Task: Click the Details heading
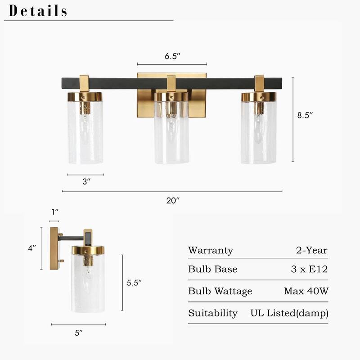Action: (38, 11)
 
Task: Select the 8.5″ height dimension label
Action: (305, 115)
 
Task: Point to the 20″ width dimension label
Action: (173, 201)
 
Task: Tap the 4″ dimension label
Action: (31, 247)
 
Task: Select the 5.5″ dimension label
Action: (134, 283)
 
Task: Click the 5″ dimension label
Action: (79, 333)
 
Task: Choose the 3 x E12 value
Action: (309, 270)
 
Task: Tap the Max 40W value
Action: (306, 291)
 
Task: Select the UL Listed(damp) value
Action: (289, 313)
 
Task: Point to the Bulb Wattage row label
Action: (220, 291)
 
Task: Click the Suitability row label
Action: (213, 313)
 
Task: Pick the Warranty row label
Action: (211, 251)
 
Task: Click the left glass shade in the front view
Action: (85, 133)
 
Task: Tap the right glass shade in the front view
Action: (259, 133)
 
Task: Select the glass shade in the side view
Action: (88, 283)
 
